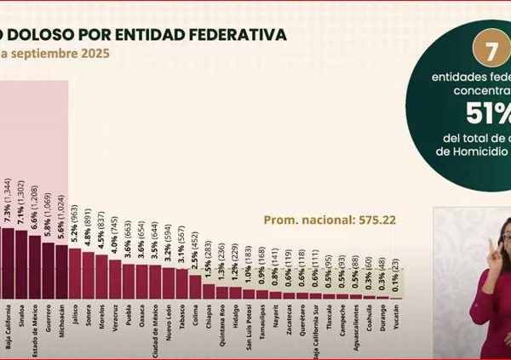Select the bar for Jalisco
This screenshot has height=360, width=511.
click(74, 272)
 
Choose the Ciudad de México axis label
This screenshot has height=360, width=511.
click(155, 329)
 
